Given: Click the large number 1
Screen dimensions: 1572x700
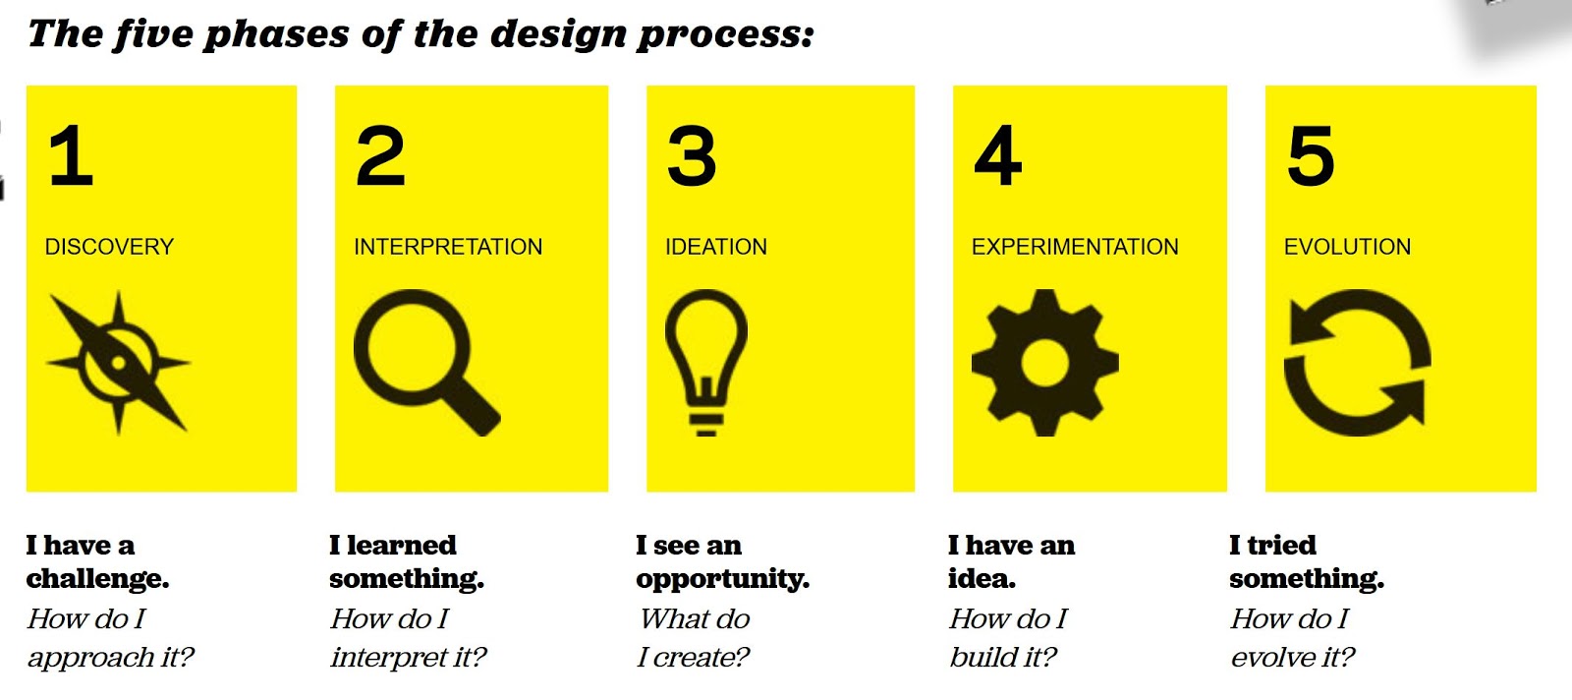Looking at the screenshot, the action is tap(72, 155).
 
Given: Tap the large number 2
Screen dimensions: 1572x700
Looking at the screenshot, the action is tap(380, 155).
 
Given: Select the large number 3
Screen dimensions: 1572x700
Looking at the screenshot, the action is tap(692, 155).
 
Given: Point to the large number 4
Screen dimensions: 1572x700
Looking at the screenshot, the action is tap(998, 155).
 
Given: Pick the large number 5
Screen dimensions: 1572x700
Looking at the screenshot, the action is tap(1311, 155).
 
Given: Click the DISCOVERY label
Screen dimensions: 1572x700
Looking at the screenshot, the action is tap(109, 247).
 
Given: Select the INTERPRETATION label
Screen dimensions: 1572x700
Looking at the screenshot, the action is tap(448, 247).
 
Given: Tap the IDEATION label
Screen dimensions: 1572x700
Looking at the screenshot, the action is tap(716, 247).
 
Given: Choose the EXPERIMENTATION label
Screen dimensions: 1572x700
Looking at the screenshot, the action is tap(1075, 247).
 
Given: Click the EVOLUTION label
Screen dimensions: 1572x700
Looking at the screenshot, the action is tap(1347, 247).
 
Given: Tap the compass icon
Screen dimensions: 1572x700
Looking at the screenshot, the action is tap(118, 363).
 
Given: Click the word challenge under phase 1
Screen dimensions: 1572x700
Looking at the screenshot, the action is tap(97, 578).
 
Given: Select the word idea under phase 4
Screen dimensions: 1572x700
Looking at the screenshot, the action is tap(982, 578).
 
